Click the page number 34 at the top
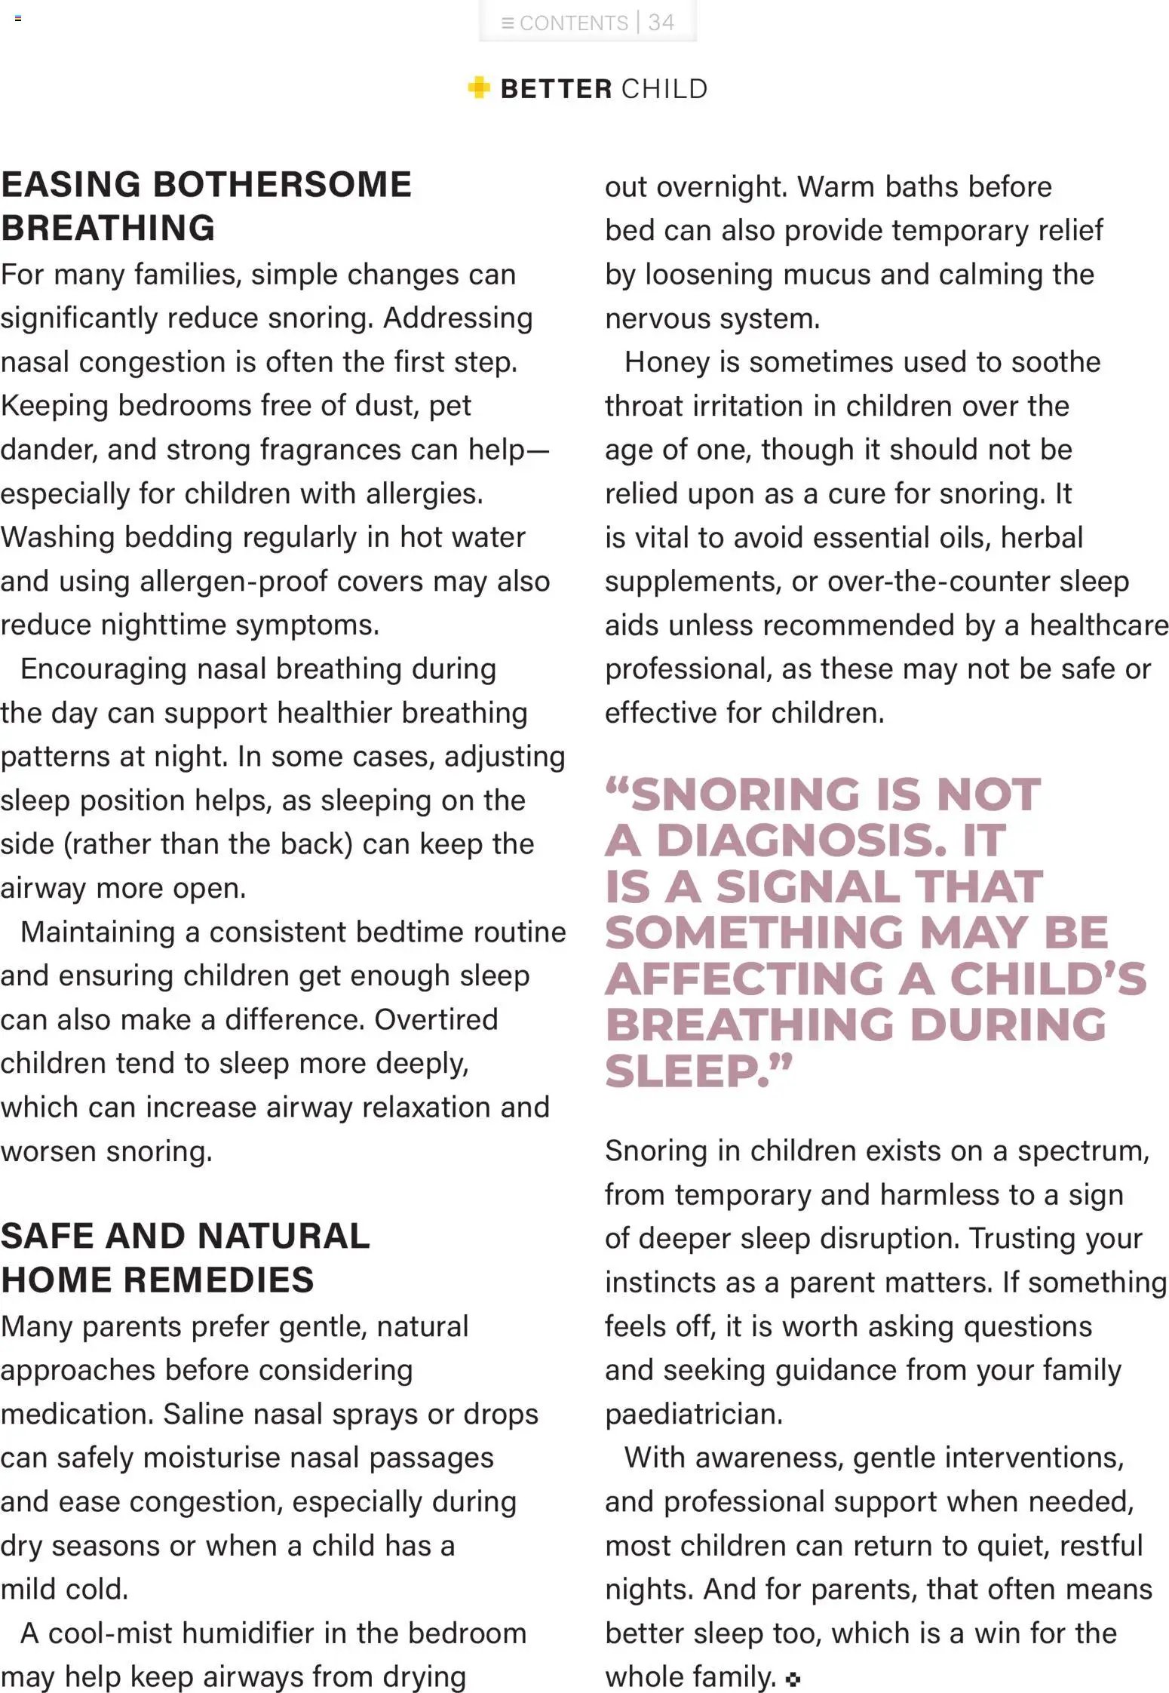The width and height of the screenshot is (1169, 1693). [x=661, y=22]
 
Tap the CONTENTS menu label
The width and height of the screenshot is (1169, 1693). [x=573, y=23]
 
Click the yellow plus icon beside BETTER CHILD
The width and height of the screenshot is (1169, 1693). [x=479, y=88]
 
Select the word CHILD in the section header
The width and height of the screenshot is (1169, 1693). [x=664, y=88]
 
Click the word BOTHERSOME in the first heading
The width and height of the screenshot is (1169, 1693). [x=283, y=185]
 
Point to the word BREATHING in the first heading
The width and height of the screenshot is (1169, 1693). [x=108, y=228]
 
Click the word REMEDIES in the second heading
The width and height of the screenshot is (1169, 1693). [x=218, y=1280]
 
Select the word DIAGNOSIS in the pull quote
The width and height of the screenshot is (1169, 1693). [x=800, y=840]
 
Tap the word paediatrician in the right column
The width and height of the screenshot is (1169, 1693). [x=693, y=1413]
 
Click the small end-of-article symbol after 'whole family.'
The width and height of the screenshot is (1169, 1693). [x=793, y=1679]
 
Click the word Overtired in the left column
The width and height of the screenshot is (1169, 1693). [x=436, y=1019]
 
